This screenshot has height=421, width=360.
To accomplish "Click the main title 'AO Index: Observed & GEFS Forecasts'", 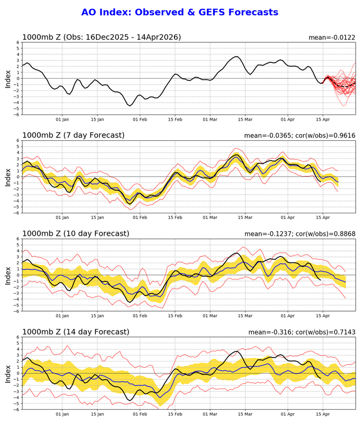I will pos(179,12).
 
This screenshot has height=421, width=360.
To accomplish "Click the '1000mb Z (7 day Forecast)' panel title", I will pos(73,135).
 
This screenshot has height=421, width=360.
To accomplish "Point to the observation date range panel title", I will pos(101,37).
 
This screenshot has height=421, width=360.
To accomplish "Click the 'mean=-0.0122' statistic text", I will pos(332,38).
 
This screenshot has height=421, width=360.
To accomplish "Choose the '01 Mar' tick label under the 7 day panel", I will pos(210,218).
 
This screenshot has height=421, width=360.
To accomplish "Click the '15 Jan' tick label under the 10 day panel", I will pos(97,316).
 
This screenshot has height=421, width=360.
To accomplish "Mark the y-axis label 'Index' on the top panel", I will pos(8,79).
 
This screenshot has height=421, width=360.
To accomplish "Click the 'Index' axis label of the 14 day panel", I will pos(8,373).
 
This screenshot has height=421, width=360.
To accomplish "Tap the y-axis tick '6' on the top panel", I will pos(18,43).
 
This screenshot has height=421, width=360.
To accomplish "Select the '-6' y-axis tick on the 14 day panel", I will pos(17,409).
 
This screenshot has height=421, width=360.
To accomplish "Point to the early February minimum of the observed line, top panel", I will pos(130,105).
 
